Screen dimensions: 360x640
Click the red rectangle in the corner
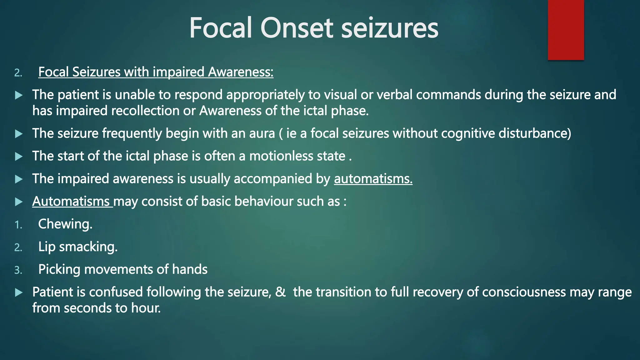point(566,30)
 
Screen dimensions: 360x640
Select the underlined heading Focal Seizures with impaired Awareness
point(156,72)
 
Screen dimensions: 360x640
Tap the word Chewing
point(65,224)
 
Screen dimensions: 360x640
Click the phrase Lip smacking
point(77,247)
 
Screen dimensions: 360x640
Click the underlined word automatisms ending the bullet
point(373,179)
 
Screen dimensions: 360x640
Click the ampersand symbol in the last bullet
point(281,292)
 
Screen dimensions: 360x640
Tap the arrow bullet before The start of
point(19,156)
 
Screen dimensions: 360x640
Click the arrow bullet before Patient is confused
point(19,292)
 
